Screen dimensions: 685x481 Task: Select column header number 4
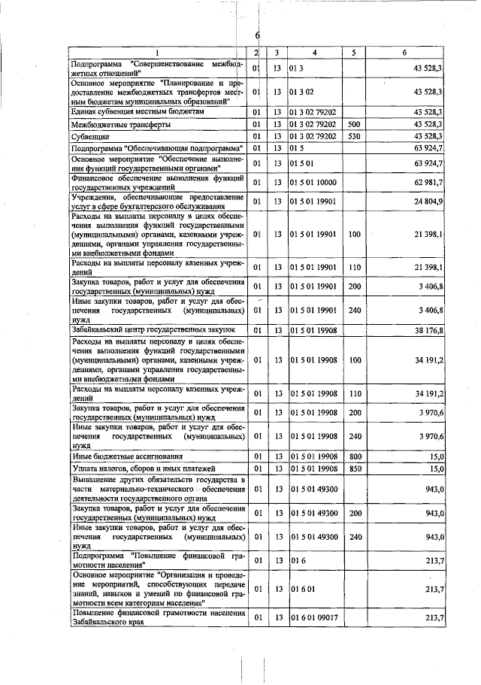point(314,53)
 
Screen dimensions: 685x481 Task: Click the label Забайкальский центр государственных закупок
point(153,329)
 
